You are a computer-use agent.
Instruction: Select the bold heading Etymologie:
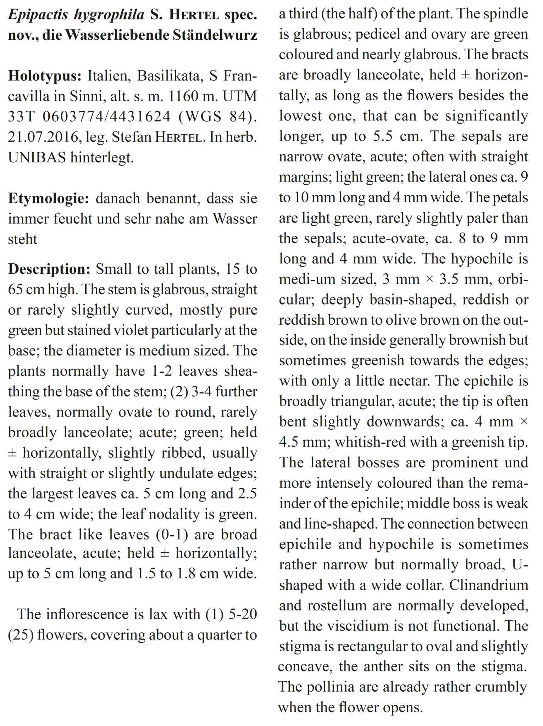pyautogui.click(x=48, y=199)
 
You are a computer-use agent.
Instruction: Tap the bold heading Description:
pyautogui.click(x=49, y=269)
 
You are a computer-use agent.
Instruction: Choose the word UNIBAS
pyautogui.click(x=37, y=157)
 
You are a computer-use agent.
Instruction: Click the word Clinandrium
pyautogui.click(x=489, y=585)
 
